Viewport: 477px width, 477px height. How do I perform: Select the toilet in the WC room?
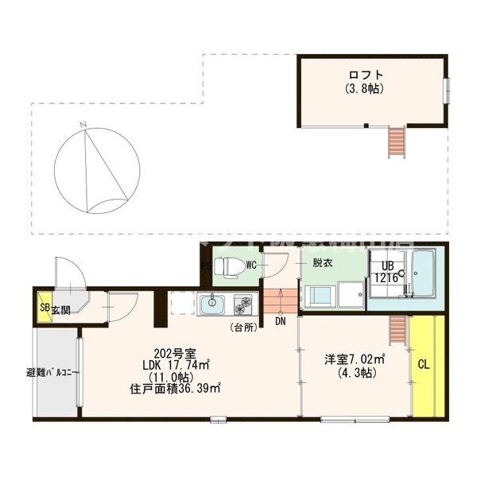click(x=231, y=266)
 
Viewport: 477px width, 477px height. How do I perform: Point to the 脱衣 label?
click(x=322, y=263)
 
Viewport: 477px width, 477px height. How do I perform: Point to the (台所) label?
click(x=242, y=327)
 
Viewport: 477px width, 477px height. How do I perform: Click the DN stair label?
click(x=281, y=322)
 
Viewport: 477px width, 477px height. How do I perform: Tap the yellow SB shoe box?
click(x=41, y=309)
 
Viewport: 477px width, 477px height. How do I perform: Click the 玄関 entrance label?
click(x=60, y=309)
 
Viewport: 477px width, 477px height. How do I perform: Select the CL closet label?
click(x=424, y=364)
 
